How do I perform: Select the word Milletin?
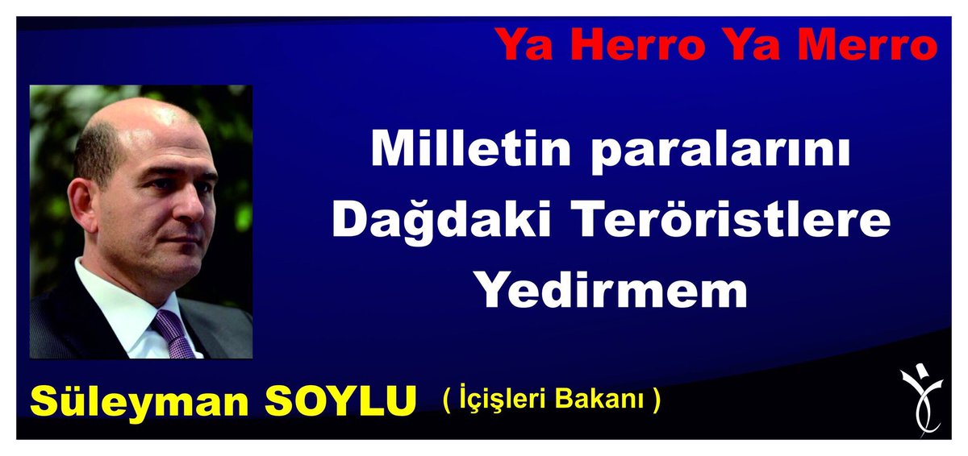471,148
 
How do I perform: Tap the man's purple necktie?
173,334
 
